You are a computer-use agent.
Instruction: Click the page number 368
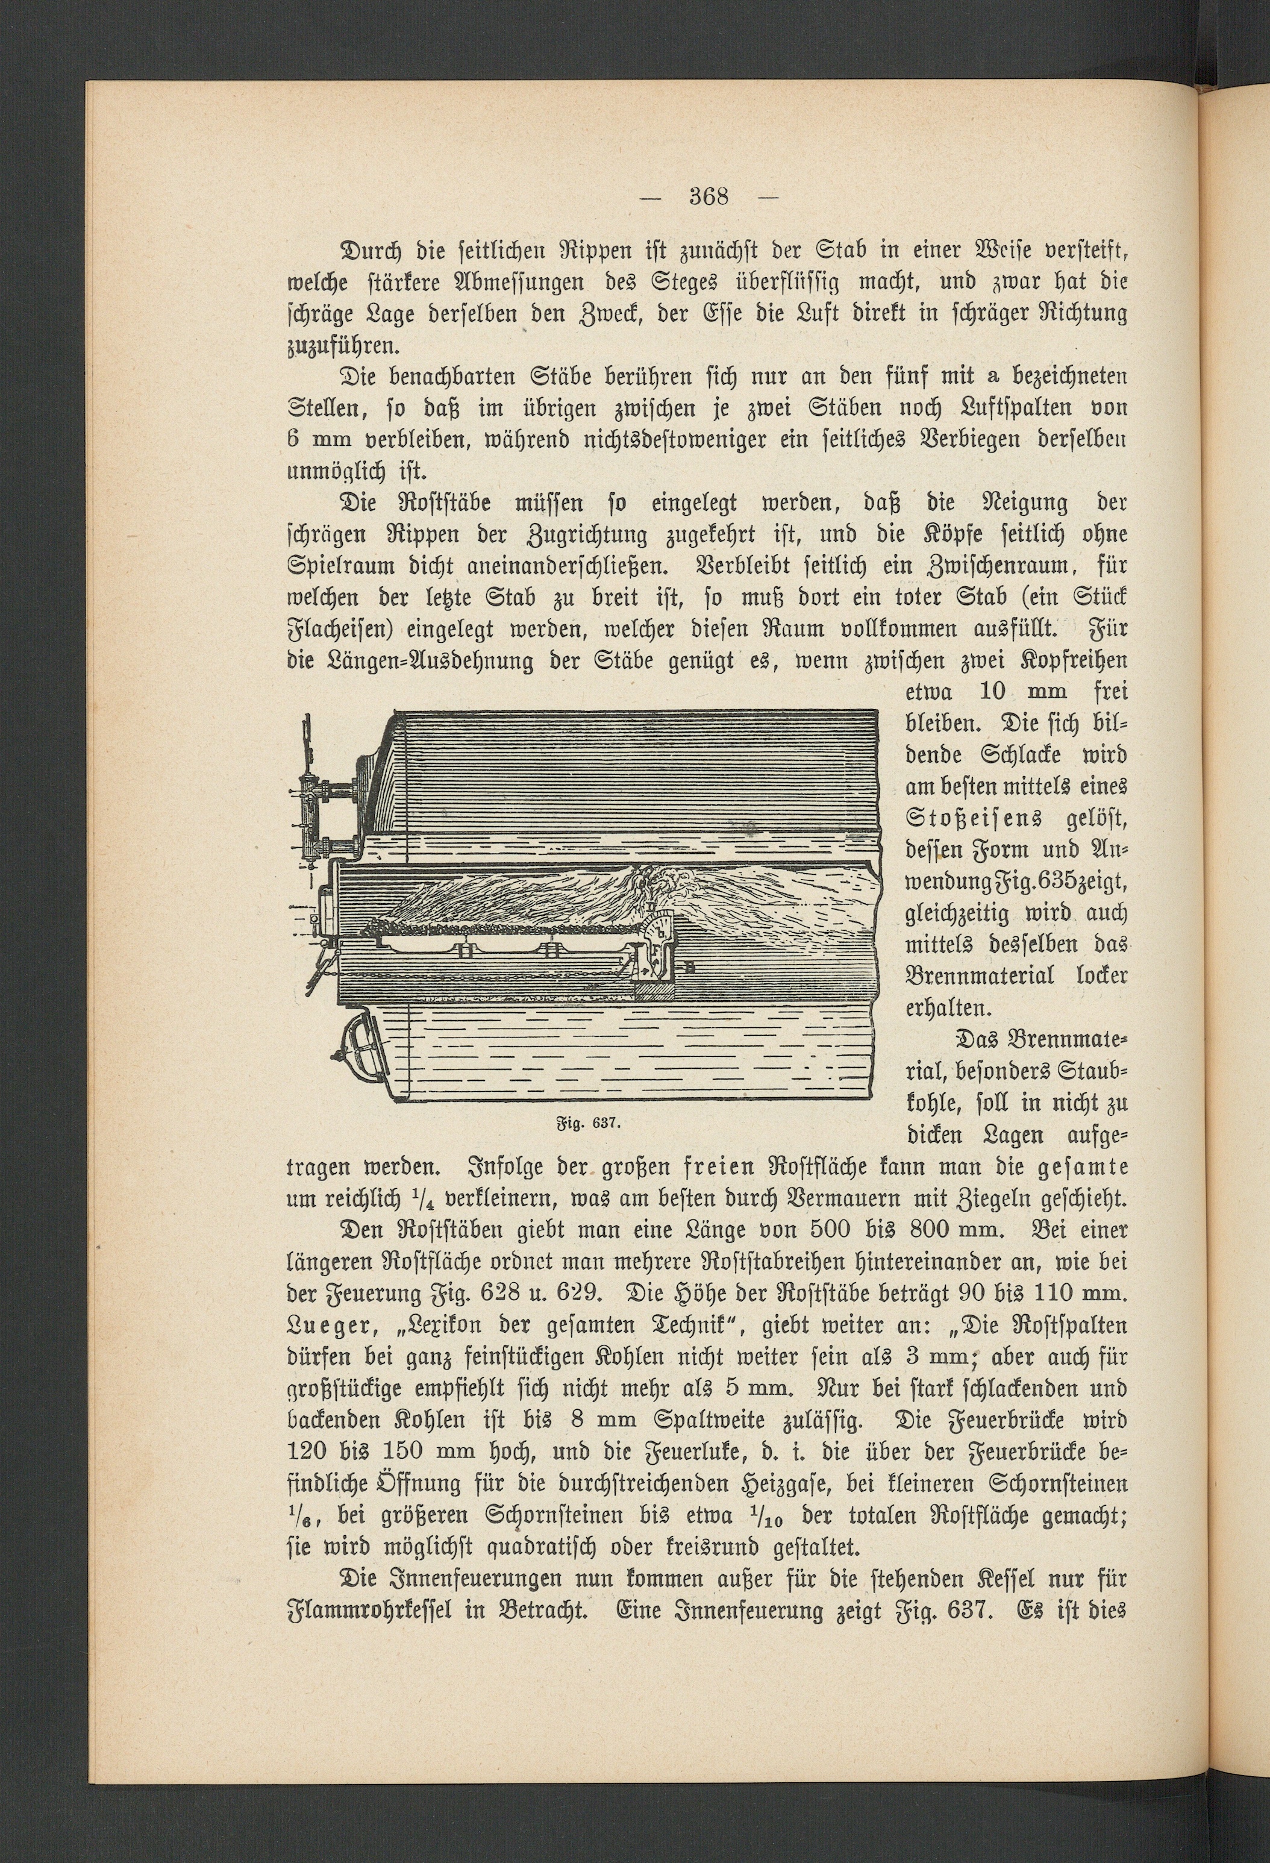click(x=708, y=196)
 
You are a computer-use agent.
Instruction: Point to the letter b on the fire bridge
click(x=659, y=932)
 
